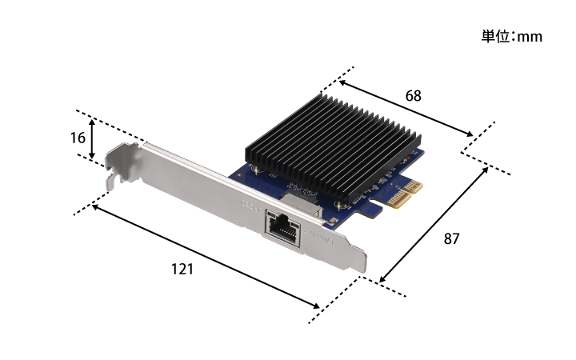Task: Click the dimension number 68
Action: point(413,96)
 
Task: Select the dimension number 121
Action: point(182,270)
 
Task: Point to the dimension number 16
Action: point(78,138)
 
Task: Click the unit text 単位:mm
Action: point(512,37)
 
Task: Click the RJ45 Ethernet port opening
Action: point(282,227)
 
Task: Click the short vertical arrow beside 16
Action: point(93,138)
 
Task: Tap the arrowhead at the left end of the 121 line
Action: point(95,207)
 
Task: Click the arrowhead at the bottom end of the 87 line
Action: point(383,280)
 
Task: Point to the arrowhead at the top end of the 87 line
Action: point(486,169)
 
